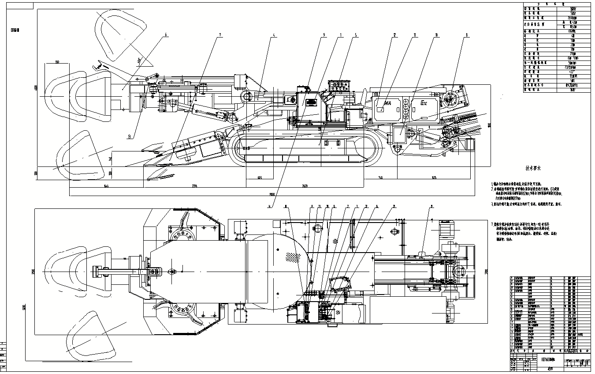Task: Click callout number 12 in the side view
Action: pos(394,35)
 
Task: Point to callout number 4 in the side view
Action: pos(274,35)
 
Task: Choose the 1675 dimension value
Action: pos(434,178)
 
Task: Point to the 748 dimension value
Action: pos(381,178)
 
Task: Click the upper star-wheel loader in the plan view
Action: pos(181,234)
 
